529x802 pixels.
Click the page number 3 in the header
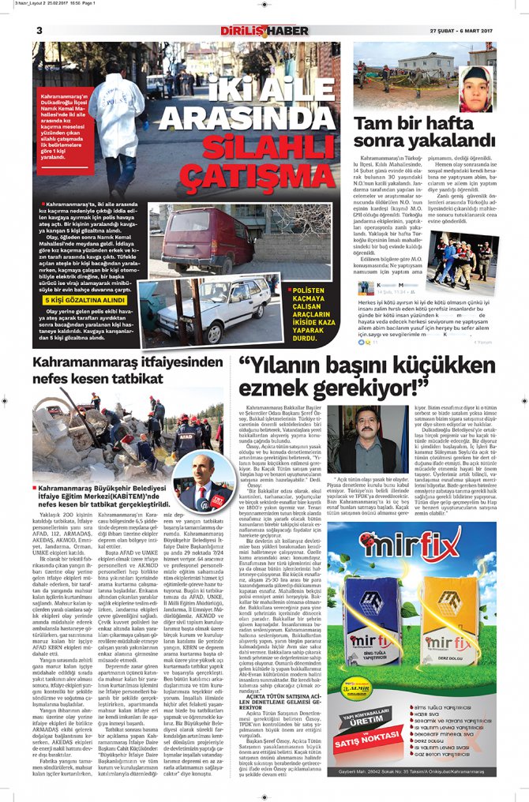coord(39,30)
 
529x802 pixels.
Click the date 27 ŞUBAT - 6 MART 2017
coord(462,31)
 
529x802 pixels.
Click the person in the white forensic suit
coord(118,111)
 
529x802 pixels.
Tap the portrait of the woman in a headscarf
coord(477,88)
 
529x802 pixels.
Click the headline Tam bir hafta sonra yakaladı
coord(423,133)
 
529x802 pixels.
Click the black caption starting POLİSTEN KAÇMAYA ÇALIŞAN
coord(314,310)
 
